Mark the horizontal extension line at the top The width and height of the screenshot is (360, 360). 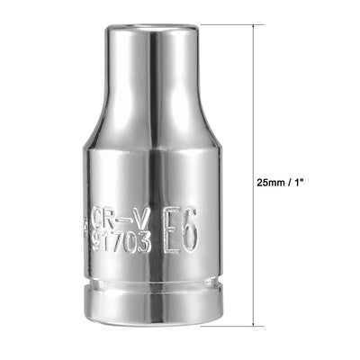point(234,25)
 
